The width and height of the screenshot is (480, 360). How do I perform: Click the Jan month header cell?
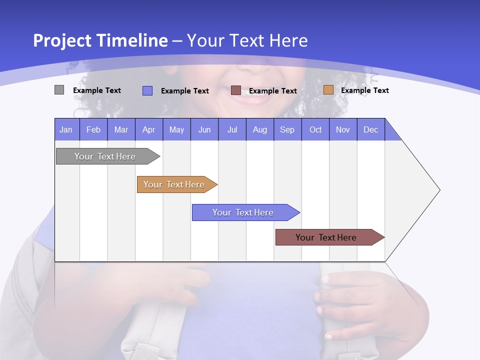click(x=66, y=129)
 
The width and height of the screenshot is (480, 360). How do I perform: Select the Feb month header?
click(x=93, y=129)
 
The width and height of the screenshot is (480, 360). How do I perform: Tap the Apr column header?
click(x=148, y=129)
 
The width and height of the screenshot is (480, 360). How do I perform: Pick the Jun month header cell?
click(x=204, y=129)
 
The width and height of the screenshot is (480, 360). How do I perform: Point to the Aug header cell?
click(x=259, y=129)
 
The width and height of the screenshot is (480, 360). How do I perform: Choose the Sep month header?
click(x=287, y=129)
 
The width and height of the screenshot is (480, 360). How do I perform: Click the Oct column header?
click(x=315, y=129)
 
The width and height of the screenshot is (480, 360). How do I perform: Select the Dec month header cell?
click(x=370, y=129)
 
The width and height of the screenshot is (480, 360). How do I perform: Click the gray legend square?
click(x=59, y=90)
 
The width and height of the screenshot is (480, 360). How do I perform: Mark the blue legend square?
click(x=147, y=90)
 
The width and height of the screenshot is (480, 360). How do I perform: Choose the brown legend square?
click(x=236, y=90)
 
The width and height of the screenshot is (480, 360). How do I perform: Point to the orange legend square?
click(x=328, y=90)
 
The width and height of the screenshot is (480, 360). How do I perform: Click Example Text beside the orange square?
click(x=364, y=90)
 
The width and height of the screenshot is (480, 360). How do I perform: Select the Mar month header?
click(x=121, y=129)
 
